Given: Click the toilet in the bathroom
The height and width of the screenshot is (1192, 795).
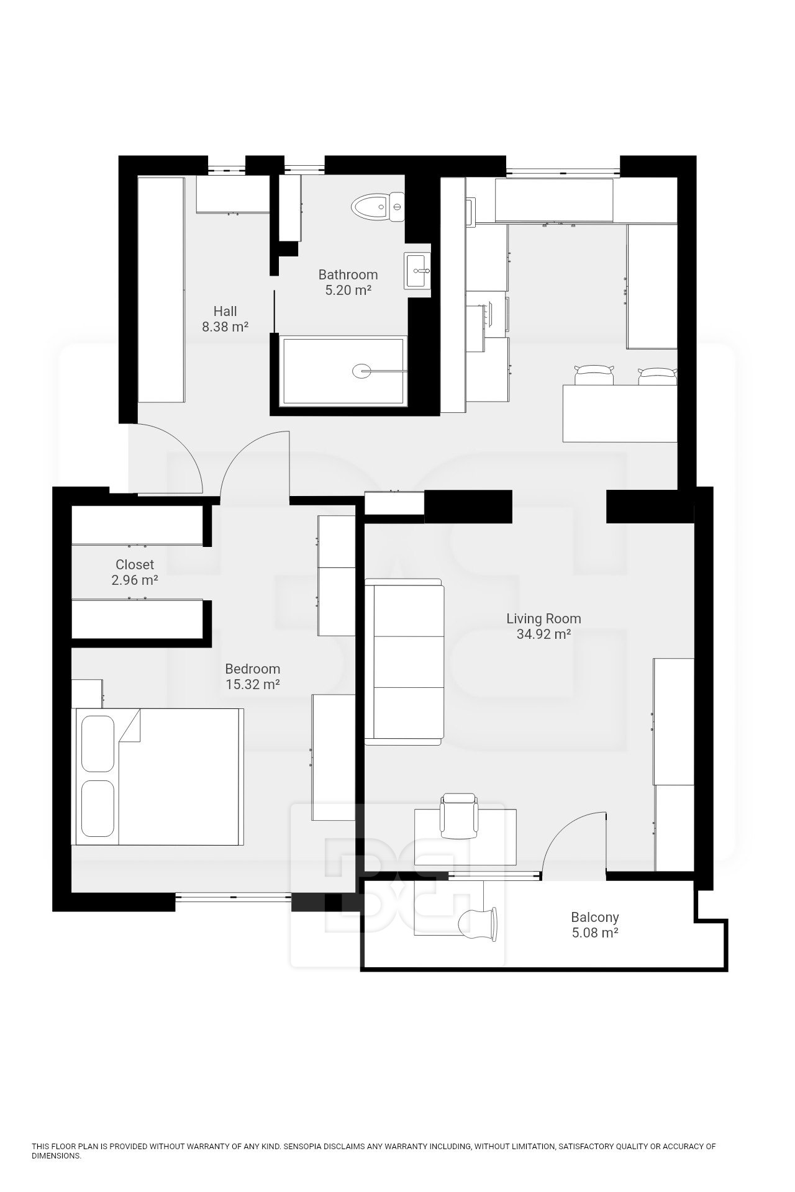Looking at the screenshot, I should (x=377, y=207).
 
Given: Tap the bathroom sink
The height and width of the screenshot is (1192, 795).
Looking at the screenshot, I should (x=417, y=271).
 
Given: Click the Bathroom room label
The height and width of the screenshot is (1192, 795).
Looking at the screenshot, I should (x=348, y=274).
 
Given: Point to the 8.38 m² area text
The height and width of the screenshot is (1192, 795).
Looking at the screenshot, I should (x=225, y=327).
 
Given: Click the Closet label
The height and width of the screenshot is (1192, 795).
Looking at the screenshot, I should (x=135, y=565).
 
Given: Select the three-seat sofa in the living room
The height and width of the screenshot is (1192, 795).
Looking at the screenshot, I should (x=404, y=662).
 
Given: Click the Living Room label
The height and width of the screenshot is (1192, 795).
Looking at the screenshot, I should (x=543, y=618).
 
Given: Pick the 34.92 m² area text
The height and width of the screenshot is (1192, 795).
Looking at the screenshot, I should (x=543, y=634).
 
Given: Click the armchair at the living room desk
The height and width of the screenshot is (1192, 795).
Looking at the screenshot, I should (x=459, y=815).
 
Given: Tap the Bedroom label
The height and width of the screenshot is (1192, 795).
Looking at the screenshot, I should (x=252, y=669).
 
